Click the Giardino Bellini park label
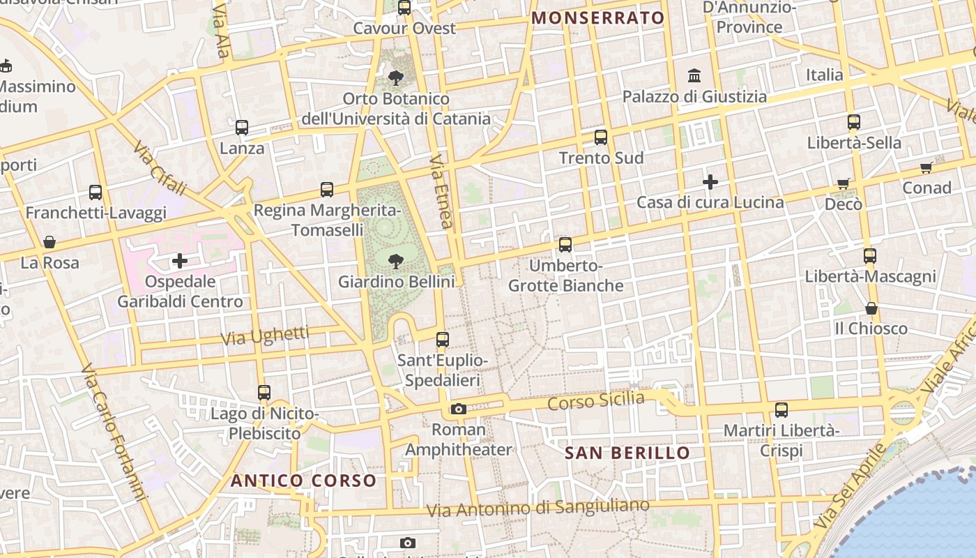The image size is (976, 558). click(396, 282)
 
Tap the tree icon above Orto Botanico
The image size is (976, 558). click(396, 77)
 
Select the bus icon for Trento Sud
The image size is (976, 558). click(601, 137)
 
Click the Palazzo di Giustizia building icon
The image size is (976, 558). click(694, 75)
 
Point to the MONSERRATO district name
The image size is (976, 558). click(598, 18)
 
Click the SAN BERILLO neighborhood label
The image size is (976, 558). click(627, 453)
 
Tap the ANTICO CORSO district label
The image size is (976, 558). click(303, 481)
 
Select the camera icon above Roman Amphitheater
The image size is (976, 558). click(458, 409)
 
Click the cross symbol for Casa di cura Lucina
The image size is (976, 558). click(710, 183)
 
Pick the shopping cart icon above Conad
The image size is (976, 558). click(927, 167)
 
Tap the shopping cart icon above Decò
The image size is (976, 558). click(844, 184)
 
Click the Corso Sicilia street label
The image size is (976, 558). click(596, 401)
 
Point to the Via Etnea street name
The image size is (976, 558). click(441, 191)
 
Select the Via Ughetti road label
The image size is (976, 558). click(264, 335)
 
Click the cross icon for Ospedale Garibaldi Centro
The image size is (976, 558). click(180, 261)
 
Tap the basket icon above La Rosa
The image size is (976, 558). click(49, 242)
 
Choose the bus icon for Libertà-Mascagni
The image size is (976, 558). click(870, 256)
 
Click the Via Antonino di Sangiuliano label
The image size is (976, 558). click(537, 508)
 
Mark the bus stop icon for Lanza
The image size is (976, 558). click(242, 128)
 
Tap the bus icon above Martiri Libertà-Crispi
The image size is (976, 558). click(781, 410)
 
